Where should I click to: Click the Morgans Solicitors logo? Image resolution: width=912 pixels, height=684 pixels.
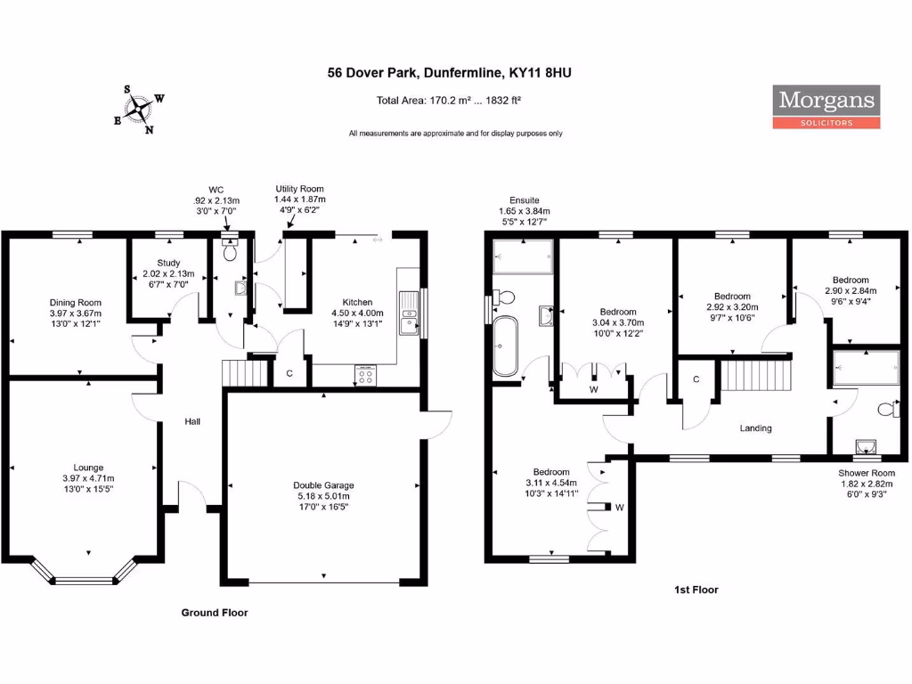pyautogui.click(x=826, y=107)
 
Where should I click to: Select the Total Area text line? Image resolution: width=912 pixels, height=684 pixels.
pyautogui.click(x=449, y=101)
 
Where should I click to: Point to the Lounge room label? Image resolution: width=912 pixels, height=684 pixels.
pyautogui.click(x=88, y=468)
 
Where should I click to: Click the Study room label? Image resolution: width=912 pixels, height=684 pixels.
pyautogui.click(x=169, y=263)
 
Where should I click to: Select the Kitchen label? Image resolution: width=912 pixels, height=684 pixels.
pyautogui.click(x=357, y=302)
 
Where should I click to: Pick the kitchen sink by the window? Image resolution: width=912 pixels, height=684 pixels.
pyautogui.click(x=409, y=313)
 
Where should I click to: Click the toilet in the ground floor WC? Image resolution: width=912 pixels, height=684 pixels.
pyautogui.click(x=231, y=253)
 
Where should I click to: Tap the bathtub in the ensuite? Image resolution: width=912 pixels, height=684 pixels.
pyautogui.click(x=503, y=346)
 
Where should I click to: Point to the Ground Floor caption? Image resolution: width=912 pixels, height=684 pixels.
pyautogui.click(x=215, y=613)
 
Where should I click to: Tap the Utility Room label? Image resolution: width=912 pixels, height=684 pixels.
pyautogui.click(x=299, y=189)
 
